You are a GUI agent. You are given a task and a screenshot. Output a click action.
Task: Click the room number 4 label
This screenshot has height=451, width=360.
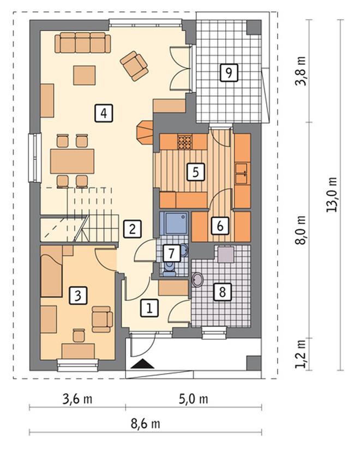(x=104, y=113)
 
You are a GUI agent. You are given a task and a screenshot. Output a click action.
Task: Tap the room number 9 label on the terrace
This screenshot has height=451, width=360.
(x=229, y=73)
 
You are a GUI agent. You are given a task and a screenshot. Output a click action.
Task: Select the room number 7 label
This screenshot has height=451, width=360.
(x=171, y=254)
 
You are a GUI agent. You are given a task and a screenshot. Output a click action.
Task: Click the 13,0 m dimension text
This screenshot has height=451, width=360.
(x=331, y=195)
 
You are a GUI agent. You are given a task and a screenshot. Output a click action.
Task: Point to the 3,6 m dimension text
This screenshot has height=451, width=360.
(x=77, y=399)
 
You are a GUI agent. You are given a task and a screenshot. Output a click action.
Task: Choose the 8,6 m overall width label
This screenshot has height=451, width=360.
(x=145, y=424)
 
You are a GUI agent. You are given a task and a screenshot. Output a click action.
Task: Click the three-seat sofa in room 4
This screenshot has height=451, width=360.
(x=82, y=43)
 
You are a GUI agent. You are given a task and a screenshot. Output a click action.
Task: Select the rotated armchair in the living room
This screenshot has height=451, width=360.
(x=134, y=66)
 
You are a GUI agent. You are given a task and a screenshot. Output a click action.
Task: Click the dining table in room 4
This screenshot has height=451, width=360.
(x=72, y=161)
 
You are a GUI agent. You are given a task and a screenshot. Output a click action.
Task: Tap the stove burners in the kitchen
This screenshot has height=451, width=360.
(x=184, y=142)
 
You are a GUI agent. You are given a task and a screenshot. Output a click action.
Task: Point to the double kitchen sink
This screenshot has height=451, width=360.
(x=242, y=173)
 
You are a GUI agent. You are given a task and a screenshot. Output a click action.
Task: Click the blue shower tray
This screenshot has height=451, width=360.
(x=173, y=224)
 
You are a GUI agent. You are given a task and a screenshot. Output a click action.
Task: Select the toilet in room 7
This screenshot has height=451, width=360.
(x=169, y=268)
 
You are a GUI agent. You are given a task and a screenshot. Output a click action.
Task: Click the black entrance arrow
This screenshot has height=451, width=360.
(x=143, y=364)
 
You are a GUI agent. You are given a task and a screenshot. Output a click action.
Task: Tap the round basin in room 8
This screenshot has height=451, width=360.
(x=197, y=279)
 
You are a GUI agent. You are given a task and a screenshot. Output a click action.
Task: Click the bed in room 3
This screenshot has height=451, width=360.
(x=51, y=272)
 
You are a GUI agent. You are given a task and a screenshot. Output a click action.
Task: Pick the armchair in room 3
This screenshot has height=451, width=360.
(x=102, y=319)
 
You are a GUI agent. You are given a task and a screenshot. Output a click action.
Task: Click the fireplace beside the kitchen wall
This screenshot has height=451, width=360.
(x=145, y=133)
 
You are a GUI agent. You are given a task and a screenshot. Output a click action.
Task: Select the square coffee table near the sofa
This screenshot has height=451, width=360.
(x=85, y=75)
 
